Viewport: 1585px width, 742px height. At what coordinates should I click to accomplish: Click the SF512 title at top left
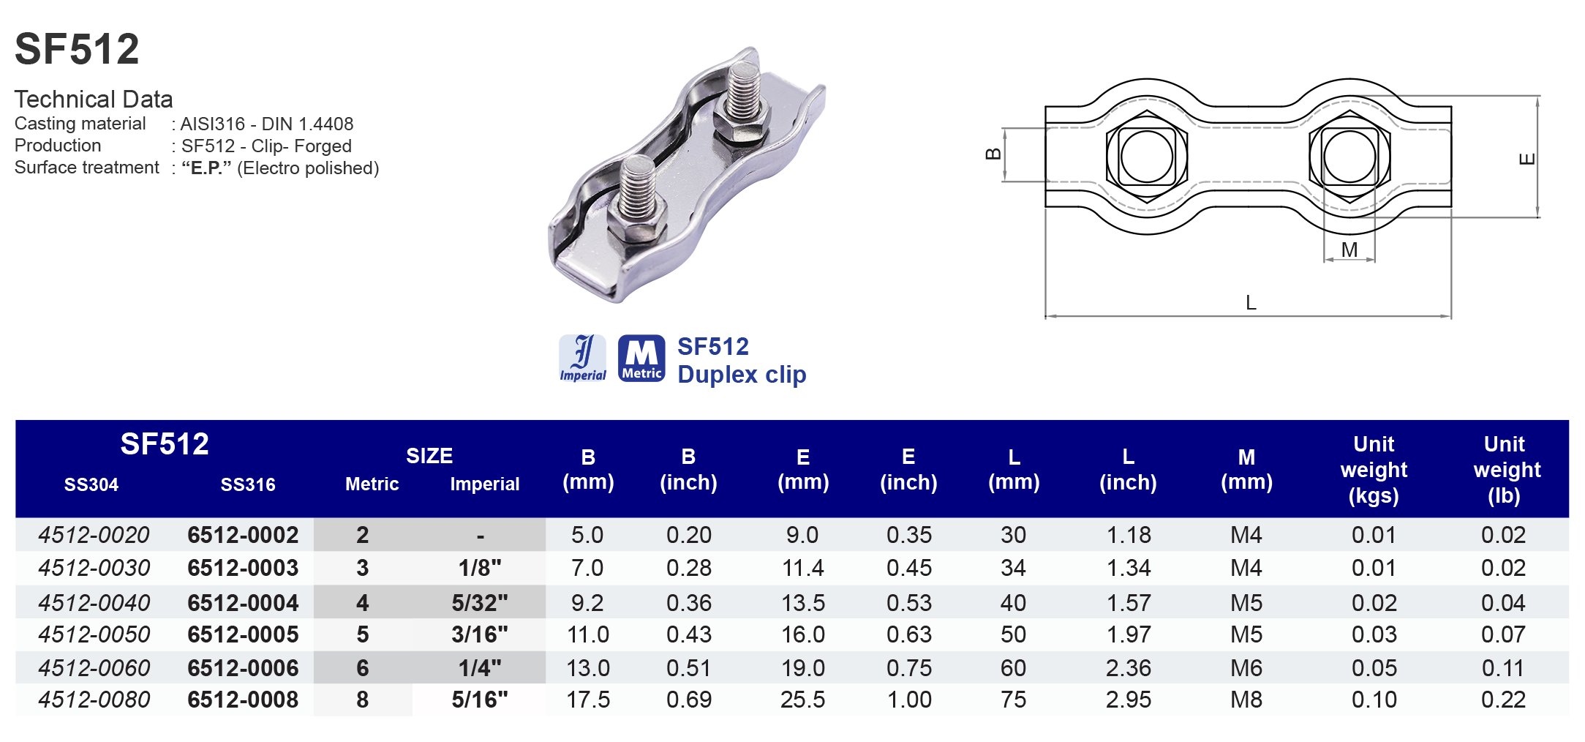click(x=77, y=49)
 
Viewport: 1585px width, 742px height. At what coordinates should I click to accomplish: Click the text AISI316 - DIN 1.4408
click(x=267, y=124)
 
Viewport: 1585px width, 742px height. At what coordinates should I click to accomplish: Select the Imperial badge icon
click(x=582, y=359)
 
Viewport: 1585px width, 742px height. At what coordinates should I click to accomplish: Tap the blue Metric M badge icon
click(x=641, y=359)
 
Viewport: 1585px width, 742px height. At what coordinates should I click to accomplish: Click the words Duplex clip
click(x=742, y=375)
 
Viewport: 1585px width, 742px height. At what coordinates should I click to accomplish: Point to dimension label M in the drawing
click(x=1349, y=250)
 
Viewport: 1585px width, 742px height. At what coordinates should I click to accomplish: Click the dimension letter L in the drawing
click(x=1251, y=303)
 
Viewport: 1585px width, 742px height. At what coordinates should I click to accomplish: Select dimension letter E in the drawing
click(x=1527, y=159)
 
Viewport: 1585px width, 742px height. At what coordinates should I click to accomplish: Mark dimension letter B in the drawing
click(x=993, y=154)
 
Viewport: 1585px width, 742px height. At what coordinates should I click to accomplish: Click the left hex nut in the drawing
click(x=1146, y=157)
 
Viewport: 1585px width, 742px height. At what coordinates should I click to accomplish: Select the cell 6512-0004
click(x=243, y=603)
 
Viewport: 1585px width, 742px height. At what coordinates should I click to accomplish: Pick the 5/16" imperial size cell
click(x=479, y=700)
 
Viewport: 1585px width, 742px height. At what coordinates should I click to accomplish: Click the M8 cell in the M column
click(x=1246, y=700)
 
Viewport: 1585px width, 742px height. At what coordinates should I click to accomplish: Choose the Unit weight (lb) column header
click(x=1504, y=470)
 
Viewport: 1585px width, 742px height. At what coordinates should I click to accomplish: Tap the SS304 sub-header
click(x=91, y=484)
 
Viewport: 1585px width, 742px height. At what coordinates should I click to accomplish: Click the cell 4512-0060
click(x=94, y=668)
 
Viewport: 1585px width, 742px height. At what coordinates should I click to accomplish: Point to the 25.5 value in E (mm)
click(x=802, y=700)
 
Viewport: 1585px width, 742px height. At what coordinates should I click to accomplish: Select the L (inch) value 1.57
click(x=1128, y=603)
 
